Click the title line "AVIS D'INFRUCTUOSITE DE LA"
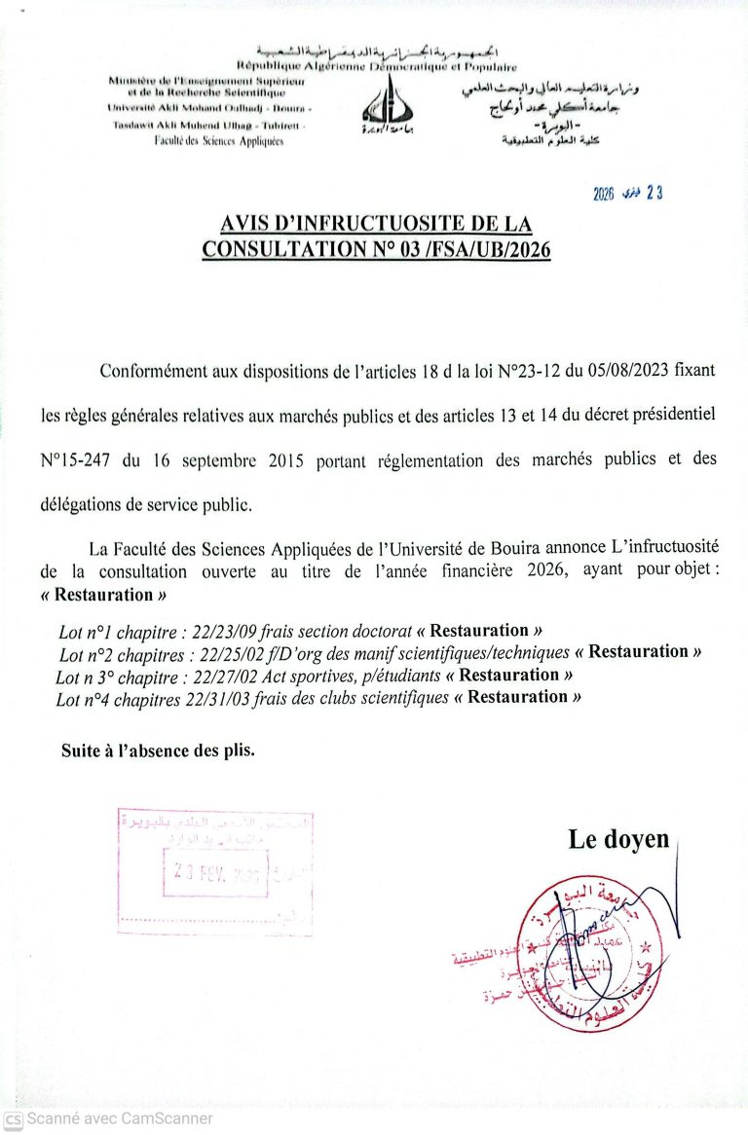click(376, 223)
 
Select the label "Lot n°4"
click(85, 698)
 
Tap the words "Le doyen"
click(618, 840)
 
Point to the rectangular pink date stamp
click(215, 871)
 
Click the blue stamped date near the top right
click(628, 193)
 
